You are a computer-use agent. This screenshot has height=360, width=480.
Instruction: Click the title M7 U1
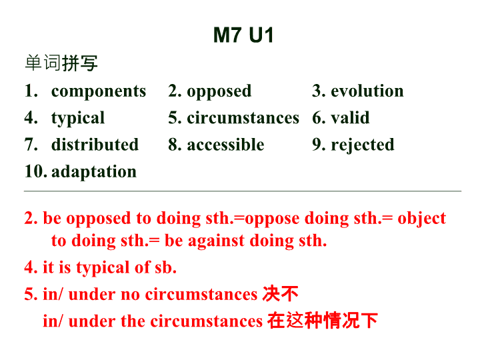tap(243, 35)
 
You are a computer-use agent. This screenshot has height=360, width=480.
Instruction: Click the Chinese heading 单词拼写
tap(61, 63)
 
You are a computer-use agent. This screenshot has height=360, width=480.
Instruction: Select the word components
tap(99, 91)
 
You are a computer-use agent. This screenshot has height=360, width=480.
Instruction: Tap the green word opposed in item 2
tap(219, 91)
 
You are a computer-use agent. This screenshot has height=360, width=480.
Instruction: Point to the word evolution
tap(367, 91)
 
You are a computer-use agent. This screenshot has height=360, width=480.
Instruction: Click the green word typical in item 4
tap(78, 118)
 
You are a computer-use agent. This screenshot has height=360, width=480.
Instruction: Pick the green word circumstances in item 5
tap(243, 118)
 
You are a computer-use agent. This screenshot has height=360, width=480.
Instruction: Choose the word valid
tap(350, 117)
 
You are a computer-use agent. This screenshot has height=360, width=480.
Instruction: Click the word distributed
tap(95, 145)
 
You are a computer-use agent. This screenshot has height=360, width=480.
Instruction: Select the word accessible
tap(225, 145)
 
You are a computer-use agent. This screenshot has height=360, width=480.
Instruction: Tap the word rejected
tap(363, 145)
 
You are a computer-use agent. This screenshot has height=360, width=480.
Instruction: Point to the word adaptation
tap(94, 172)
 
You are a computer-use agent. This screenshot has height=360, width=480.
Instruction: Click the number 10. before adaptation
tap(36, 171)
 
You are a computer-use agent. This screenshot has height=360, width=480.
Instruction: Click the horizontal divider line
tap(243, 191)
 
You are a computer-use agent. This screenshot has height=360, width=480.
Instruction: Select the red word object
tap(421, 219)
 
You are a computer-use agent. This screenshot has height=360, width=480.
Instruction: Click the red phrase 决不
tap(280, 294)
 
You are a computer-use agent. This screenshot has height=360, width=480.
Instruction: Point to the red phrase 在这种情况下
tap(323, 321)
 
